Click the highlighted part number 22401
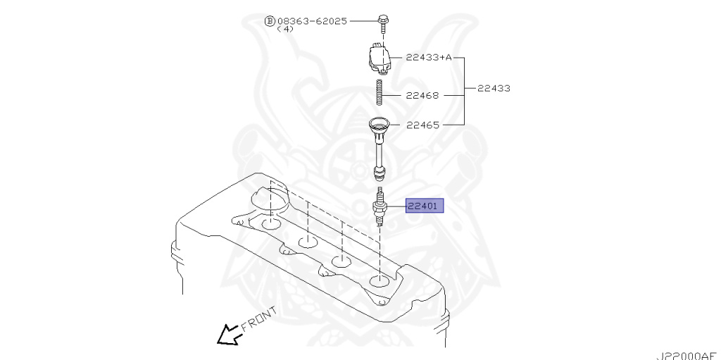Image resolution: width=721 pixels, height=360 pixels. [424, 206]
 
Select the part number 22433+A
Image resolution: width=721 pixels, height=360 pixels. [428, 57]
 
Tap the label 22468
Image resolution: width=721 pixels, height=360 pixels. [422, 95]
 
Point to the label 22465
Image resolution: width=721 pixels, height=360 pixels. [422, 125]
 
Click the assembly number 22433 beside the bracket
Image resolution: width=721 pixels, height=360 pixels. [494, 89]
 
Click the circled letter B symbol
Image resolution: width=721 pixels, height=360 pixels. [269, 21]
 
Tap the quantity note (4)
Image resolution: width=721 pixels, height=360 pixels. [285, 30]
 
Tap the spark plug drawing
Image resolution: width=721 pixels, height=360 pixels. [380, 207]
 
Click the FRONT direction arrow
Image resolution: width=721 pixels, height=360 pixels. [228, 333]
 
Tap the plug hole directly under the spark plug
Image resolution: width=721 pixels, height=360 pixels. [379, 283]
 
